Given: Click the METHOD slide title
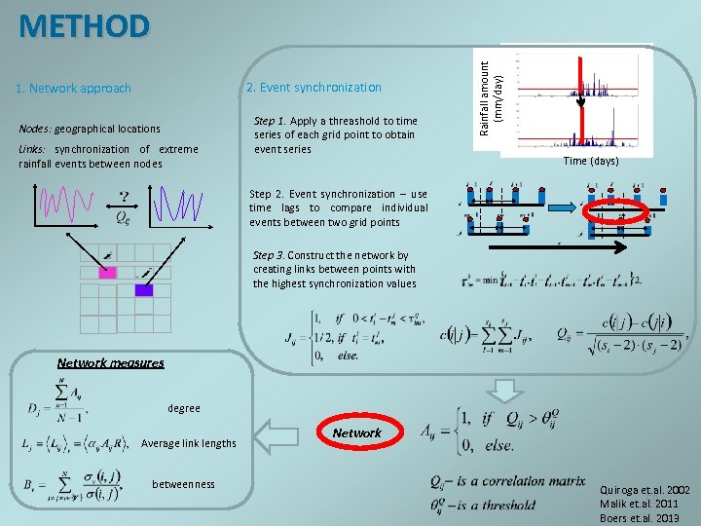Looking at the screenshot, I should [x=85, y=26].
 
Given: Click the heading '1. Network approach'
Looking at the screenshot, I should [x=73, y=89].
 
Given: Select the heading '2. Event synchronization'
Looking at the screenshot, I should [x=314, y=88].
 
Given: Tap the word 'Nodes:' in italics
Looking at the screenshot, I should [x=35, y=129].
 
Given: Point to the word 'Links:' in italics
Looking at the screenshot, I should [x=34, y=149].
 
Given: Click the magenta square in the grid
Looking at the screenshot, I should [x=108, y=272].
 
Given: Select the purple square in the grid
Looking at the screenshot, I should [x=143, y=290].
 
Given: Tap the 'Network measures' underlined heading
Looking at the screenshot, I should [x=111, y=362].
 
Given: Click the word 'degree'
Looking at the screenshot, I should [x=184, y=408].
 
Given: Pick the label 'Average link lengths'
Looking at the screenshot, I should [x=189, y=443].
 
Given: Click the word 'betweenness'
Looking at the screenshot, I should [x=184, y=484].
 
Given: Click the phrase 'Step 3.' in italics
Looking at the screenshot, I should [x=269, y=255].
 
